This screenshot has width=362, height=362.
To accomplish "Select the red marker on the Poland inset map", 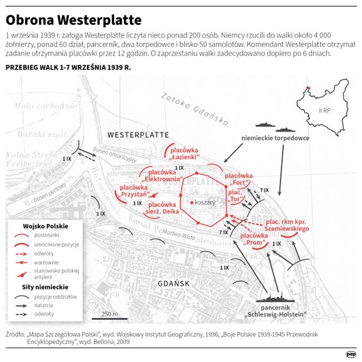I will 308,89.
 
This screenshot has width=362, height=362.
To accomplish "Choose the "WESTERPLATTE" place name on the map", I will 138,135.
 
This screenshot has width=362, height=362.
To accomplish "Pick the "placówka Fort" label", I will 239,179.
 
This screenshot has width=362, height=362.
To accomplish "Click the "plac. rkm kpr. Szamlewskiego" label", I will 288,225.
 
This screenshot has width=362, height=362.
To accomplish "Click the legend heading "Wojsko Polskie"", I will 46,227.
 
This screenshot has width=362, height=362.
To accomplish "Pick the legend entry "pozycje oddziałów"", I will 55,297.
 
